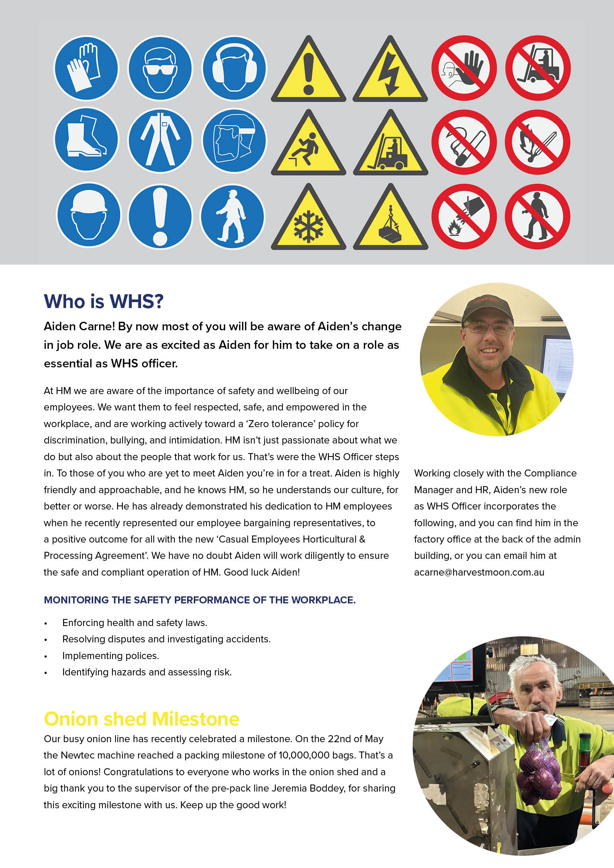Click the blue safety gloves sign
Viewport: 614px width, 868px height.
pyautogui.click(x=86, y=68)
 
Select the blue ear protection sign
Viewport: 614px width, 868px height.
pyautogui.click(x=234, y=68)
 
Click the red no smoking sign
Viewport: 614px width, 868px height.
pyautogui.click(x=464, y=142)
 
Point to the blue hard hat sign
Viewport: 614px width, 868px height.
pyautogui.click(x=88, y=215)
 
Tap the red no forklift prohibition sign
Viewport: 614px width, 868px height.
pyautogui.click(x=538, y=68)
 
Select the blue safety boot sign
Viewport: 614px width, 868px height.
pyautogui.click(x=86, y=140)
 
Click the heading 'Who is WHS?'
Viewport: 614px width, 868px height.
pyautogui.click(x=104, y=302)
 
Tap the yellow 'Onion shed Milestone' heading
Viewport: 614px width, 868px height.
pyautogui.click(x=141, y=719)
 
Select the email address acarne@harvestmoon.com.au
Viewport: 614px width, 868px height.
pyautogui.click(x=479, y=572)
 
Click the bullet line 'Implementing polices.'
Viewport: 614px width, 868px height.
pyautogui.click(x=110, y=656)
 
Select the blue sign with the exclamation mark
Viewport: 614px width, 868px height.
pyautogui.click(x=160, y=216)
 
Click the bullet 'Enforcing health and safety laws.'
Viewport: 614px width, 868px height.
pyautogui.click(x=135, y=623)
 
